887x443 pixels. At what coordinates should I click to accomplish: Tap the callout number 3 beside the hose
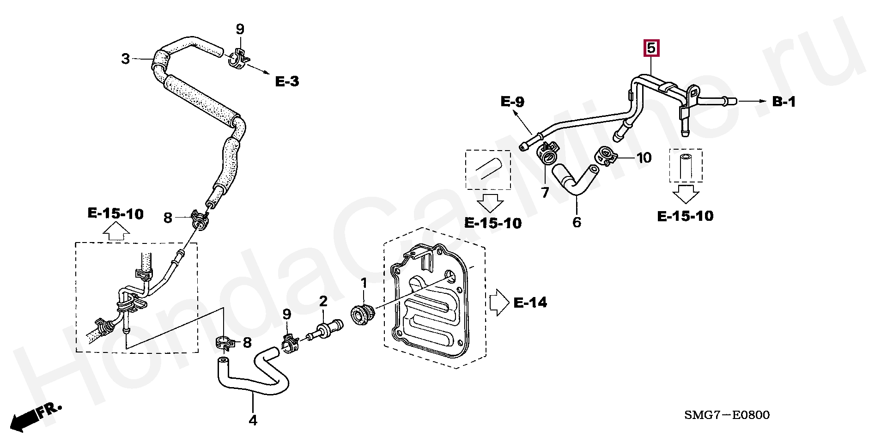tap(126, 59)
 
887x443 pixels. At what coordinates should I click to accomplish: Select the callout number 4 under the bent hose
tap(253, 420)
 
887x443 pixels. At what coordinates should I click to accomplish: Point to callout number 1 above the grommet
tap(364, 283)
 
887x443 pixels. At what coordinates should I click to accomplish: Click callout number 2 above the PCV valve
tap(323, 302)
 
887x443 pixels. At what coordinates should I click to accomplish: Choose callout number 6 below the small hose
tap(577, 222)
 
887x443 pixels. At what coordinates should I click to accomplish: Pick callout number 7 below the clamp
tap(545, 192)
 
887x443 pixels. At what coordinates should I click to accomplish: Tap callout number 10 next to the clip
tap(644, 158)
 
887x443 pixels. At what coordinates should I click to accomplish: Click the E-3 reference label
tap(287, 82)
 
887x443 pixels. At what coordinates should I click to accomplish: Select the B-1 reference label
tap(784, 102)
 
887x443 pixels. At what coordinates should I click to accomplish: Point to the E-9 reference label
tap(512, 102)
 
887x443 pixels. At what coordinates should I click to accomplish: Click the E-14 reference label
tap(530, 303)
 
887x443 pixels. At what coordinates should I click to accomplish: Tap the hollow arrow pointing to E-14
tap(498, 303)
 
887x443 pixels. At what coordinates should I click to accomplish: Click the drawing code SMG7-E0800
tap(727, 415)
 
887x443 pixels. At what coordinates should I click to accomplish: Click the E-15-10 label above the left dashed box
tap(115, 214)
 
